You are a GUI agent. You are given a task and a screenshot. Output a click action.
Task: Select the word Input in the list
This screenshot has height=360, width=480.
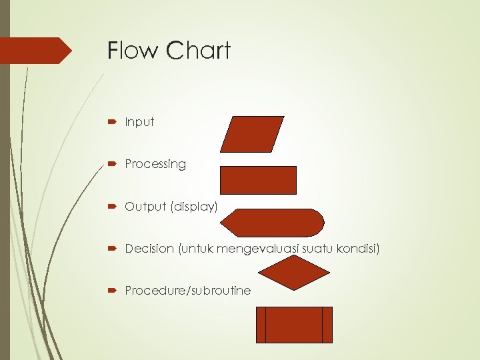139,122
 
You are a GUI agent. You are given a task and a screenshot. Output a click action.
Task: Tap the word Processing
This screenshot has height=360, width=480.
155,164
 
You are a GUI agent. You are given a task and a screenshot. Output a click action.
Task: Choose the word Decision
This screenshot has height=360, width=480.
149,249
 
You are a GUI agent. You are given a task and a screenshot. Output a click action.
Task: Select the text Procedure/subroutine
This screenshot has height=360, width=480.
187,291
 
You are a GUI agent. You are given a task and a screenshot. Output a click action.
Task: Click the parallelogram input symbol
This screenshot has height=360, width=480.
252,134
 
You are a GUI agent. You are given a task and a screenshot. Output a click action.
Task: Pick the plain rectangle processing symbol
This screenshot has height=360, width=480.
258,180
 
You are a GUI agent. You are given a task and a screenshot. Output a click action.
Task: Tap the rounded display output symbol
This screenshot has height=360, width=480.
273,223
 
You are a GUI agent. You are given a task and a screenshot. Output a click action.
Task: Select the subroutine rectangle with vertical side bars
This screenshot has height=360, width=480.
294,325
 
